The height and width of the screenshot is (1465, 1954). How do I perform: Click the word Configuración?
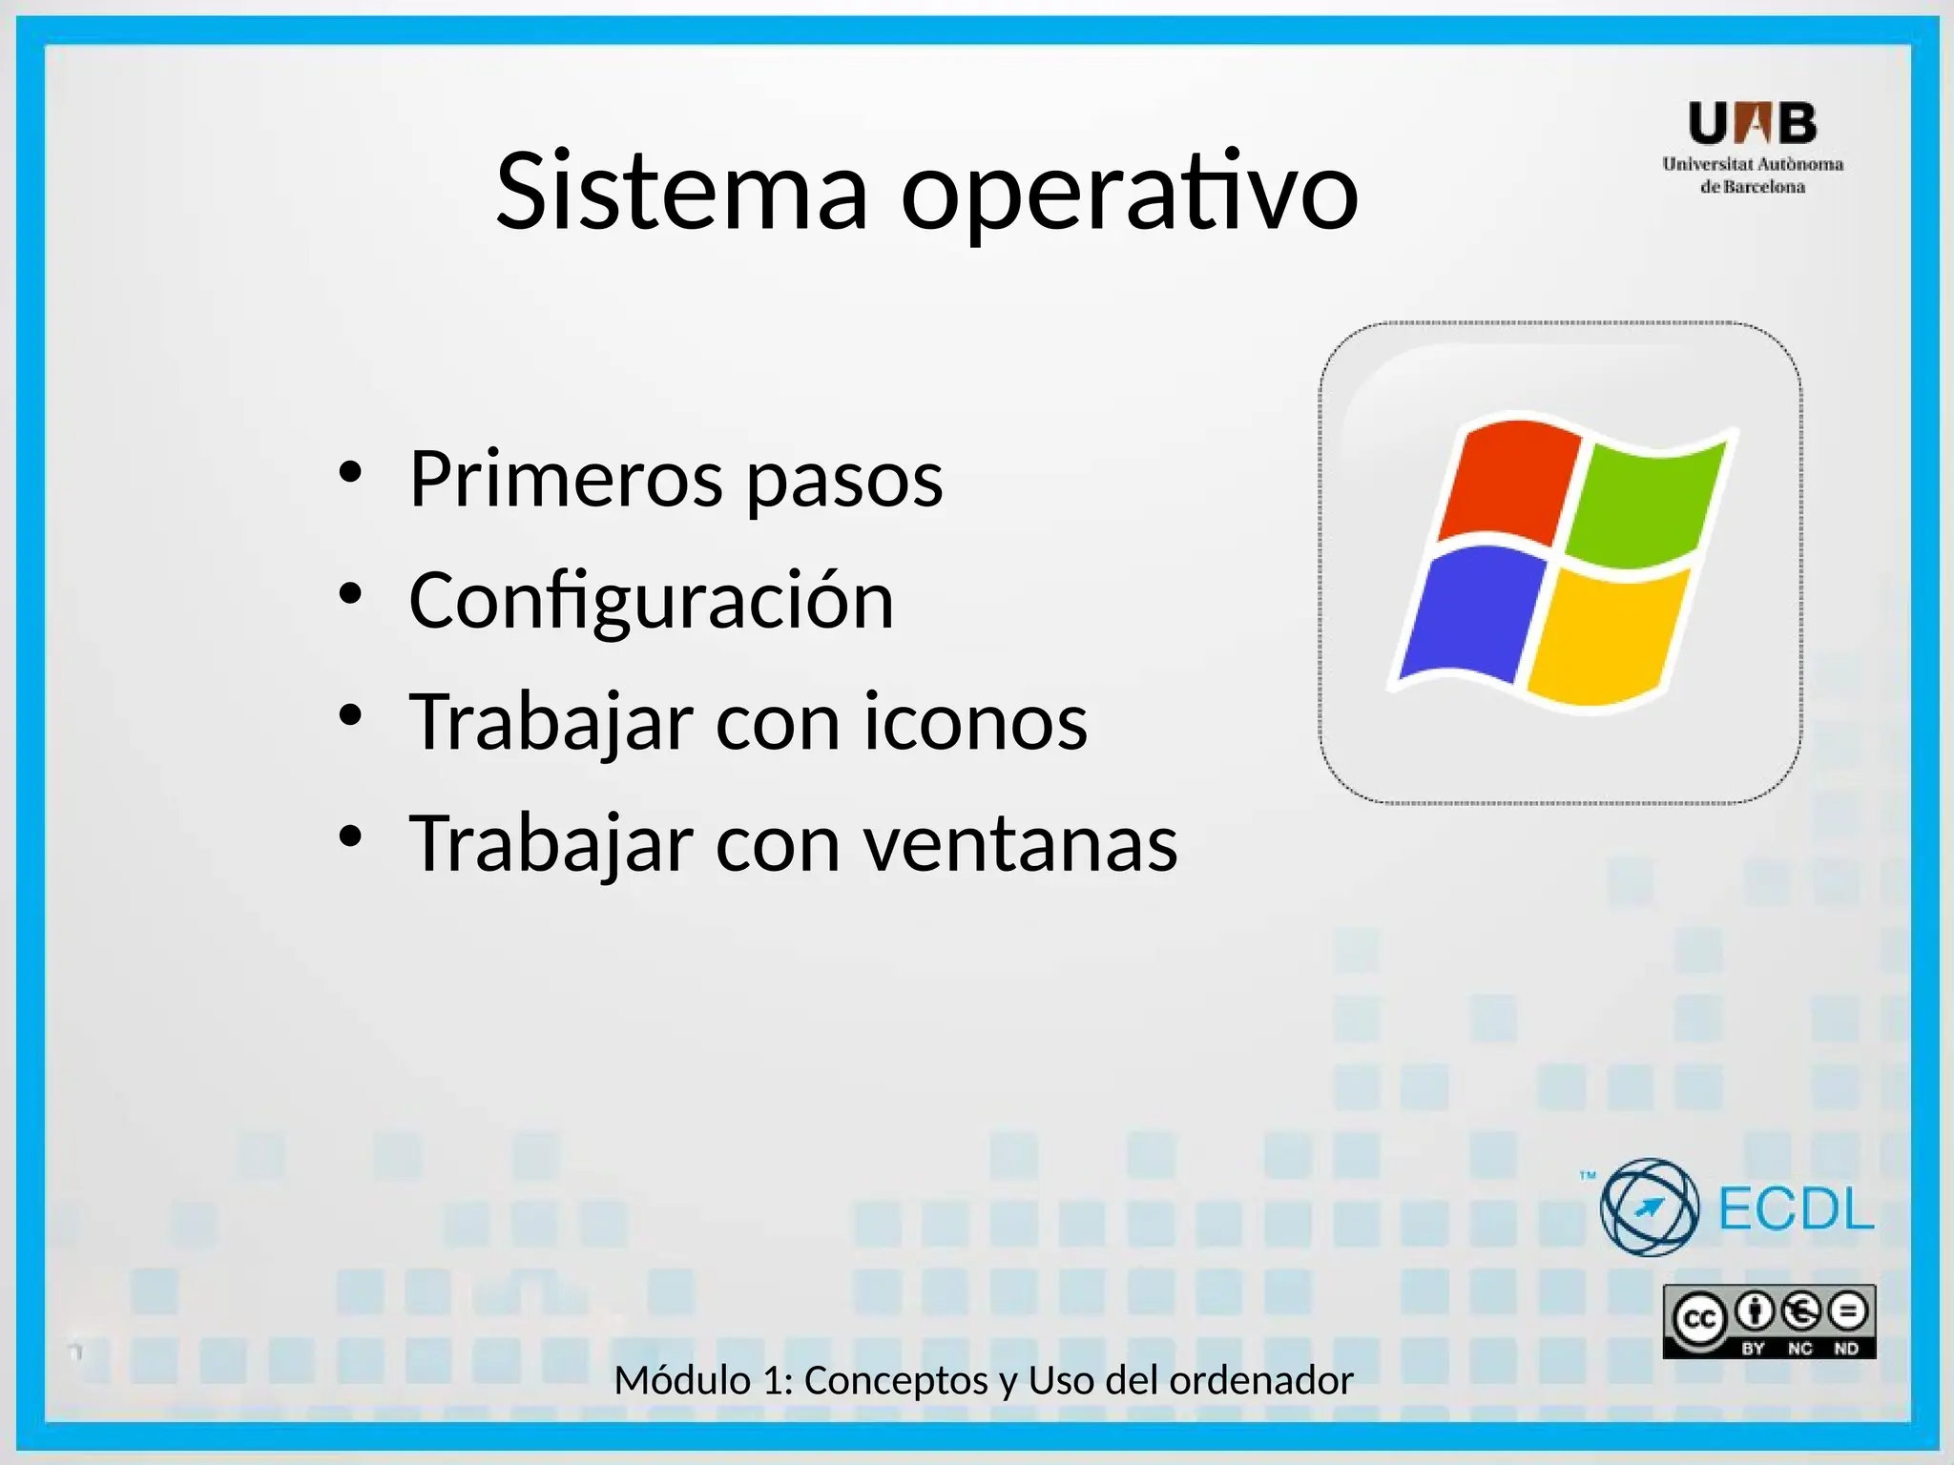pos(652,602)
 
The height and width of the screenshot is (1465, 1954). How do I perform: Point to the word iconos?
pos(975,722)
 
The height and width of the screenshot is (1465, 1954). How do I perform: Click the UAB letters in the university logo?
pos(1752,124)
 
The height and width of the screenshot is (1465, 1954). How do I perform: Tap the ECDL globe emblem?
pos(1649,1207)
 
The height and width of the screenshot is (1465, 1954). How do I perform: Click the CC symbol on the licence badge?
pos(1699,1319)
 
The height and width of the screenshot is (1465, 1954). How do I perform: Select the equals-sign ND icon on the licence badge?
pos(1848,1312)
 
